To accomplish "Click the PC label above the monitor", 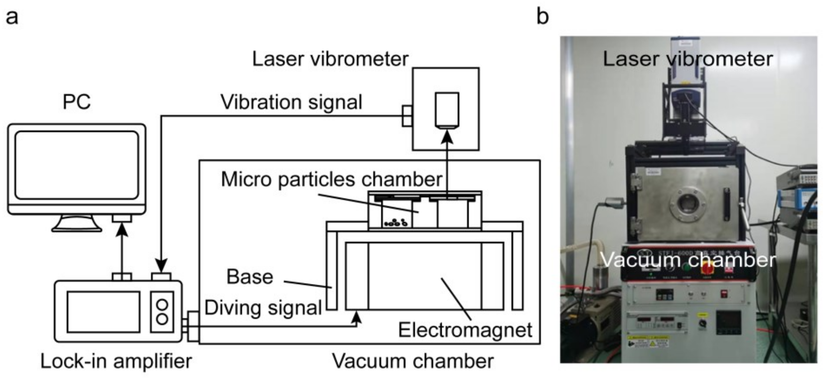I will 77,102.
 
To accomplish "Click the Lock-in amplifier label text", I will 116,361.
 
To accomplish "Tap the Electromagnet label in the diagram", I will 465,330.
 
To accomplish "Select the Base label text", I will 249,277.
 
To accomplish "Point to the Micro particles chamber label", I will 331,179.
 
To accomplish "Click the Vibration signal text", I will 291,102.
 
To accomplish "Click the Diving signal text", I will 263,308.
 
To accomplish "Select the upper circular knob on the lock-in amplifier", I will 162,305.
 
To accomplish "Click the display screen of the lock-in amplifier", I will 103,312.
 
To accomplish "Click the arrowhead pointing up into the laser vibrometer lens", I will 447,137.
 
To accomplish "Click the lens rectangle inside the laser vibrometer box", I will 447,110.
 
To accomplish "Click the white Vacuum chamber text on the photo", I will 689,260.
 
